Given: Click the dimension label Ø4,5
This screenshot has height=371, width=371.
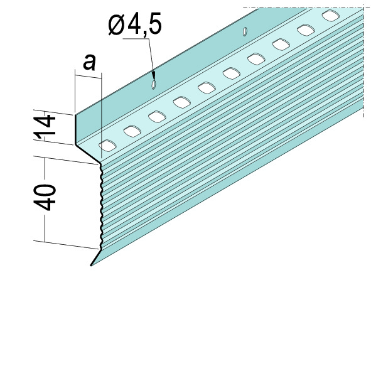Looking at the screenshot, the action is (135, 24).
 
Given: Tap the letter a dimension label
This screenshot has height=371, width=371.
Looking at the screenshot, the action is (89, 62).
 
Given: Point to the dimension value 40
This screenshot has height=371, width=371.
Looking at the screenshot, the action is (45, 198).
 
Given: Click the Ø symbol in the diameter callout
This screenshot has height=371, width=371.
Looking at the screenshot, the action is (116, 24).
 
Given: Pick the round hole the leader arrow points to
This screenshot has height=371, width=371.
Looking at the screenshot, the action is (154, 85).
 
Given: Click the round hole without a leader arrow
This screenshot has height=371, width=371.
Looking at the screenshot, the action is (245, 31).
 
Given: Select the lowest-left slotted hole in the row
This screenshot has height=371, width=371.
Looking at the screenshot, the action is (107, 146).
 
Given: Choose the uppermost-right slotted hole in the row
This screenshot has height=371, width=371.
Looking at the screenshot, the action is (331, 16).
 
